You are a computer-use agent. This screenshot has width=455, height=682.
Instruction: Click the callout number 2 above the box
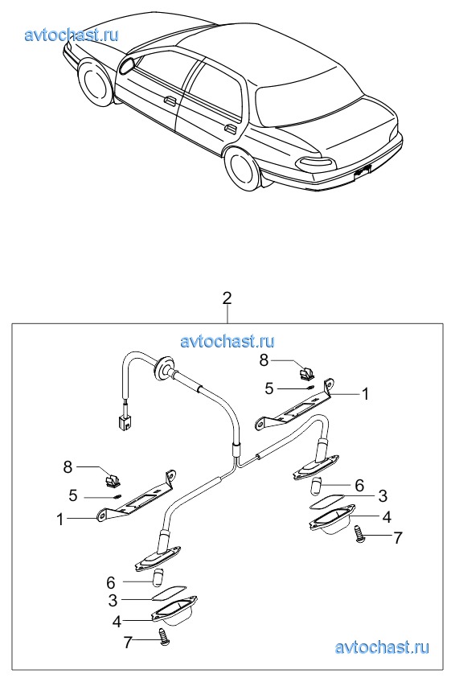click(x=227, y=298)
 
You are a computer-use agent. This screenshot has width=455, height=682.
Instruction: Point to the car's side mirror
click(x=127, y=65)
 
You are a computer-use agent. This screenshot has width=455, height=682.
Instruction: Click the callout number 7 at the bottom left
click(x=127, y=642)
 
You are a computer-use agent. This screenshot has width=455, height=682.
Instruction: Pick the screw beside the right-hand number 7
click(x=359, y=533)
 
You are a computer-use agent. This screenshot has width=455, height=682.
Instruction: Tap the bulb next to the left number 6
click(x=158, y=577)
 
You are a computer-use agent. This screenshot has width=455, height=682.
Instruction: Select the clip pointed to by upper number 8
click(x=308, y=372)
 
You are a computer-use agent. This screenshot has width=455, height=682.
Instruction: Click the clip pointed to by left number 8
click(x=113, y=480)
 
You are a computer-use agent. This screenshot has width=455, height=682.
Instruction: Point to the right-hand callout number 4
click(x=387, y=517)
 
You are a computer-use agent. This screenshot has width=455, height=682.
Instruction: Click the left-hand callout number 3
click(x=113, y=600)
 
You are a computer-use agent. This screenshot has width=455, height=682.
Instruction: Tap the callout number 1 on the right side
click(x=365, y=394)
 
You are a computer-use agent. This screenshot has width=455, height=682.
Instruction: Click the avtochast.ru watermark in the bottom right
click(x=382, y=647)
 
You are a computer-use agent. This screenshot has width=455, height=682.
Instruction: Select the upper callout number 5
click(x=269, y=388)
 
